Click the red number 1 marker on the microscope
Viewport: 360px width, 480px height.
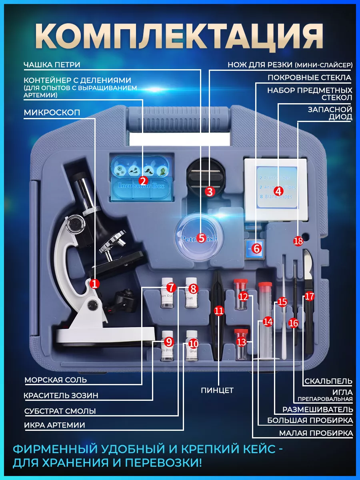[x=94, y=284]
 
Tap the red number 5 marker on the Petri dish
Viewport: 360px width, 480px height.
[x=201, y=238]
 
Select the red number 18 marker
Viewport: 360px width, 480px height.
[x=298, y=241]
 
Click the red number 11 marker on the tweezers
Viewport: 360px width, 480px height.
[x=219, y=311]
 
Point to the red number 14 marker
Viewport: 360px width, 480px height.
[x=267, y=321]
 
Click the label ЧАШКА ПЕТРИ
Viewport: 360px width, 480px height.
[x=52, y=65]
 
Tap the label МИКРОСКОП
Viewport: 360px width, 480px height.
[x=52, y=113]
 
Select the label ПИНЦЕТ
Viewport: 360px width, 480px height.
[x=217, y=390]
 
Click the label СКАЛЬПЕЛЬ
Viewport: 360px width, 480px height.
[x=328, y=381]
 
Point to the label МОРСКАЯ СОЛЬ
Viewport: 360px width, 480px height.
[x=56, y=380]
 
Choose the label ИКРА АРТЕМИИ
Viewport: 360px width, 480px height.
[x=55, y=425]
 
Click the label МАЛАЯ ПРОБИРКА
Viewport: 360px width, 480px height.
[x=316, y=433]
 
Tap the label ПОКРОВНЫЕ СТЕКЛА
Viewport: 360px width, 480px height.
[x=309, y=78]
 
